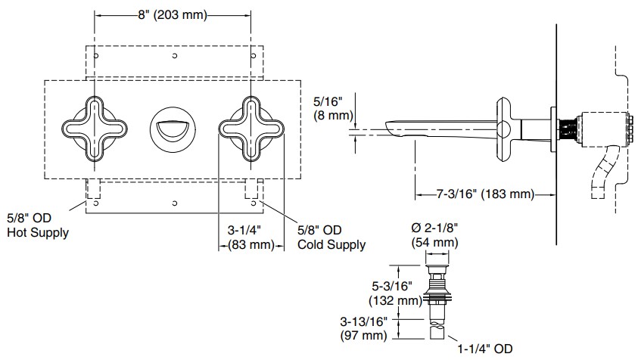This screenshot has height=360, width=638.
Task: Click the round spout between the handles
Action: [173, 128]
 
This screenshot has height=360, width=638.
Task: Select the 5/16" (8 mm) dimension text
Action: [331, 107]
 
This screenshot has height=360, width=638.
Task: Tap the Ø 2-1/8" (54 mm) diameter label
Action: [435, 235]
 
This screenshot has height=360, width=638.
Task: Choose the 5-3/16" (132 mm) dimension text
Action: [397, 293]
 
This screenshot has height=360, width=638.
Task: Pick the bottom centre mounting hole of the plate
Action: [173, 203]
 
